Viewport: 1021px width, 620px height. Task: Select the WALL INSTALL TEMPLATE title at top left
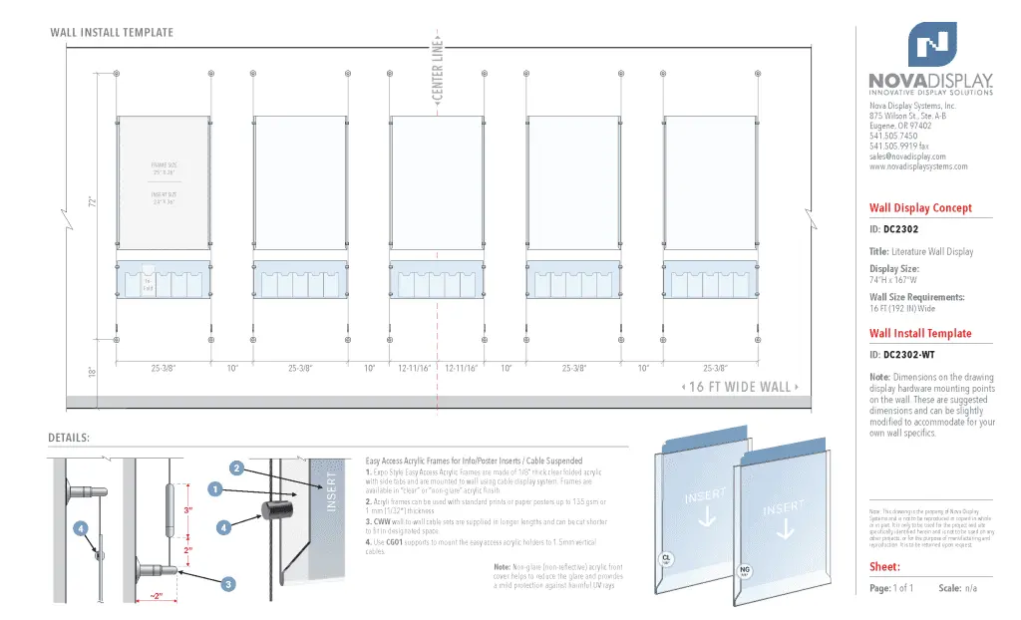coord(112,33)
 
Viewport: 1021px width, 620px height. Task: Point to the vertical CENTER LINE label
coord(438,70)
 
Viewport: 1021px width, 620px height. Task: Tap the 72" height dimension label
coord(92,202)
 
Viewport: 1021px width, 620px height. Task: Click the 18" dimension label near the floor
coord(92,372)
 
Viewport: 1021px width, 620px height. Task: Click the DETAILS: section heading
coord(69,439)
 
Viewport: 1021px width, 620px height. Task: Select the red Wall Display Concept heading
coord(919,208)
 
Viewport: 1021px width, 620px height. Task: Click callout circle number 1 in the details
coord(213,488)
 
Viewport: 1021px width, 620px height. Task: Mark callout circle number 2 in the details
coord(236,467)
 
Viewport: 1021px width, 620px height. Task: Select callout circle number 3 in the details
coord(228,584)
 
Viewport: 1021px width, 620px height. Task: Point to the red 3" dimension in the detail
coord(187,510)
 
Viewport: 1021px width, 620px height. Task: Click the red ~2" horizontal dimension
coord(156,596)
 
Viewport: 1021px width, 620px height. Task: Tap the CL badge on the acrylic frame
coord(666,558)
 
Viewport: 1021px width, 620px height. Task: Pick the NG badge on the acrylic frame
coord(743,571)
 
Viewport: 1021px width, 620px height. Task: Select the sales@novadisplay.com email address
coord(906,156)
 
